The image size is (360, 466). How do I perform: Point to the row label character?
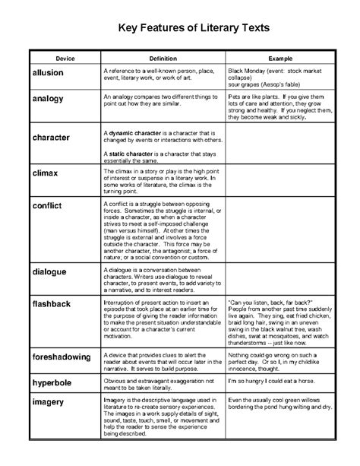pyautogui.click(x=52, y=138)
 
